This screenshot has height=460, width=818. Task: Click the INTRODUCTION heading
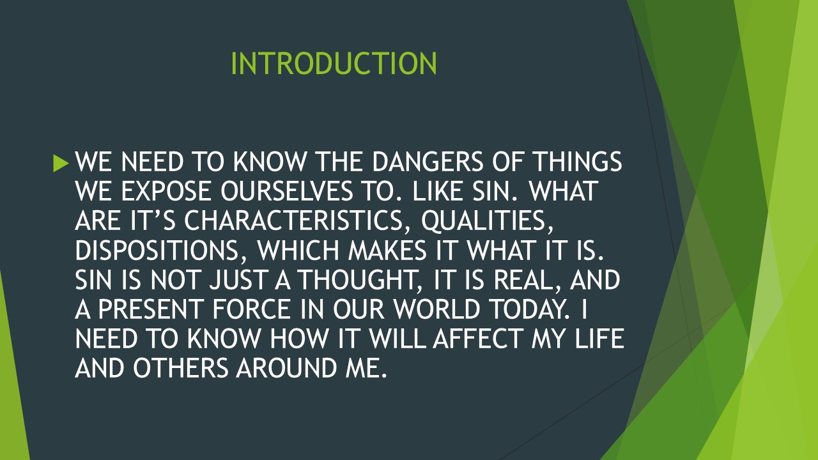pyautogui.click(x=334, y=64)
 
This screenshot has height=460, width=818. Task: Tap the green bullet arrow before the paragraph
pyautogui.click(x=61, y=164)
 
